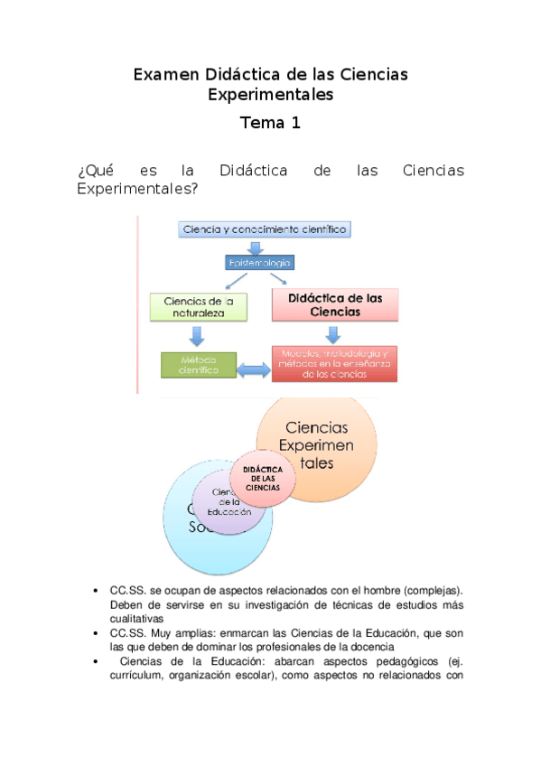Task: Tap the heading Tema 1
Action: coord(269,124)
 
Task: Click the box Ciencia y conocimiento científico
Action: coord(264,230)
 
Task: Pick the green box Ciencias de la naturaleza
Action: coord(199,308)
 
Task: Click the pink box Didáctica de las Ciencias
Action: coord(335,305)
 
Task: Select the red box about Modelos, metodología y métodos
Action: coord(335,363)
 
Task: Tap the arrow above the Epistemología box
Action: coord(258,246)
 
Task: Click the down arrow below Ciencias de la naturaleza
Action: coord(197,336)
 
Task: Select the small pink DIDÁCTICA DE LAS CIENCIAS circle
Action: coord(262,479)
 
